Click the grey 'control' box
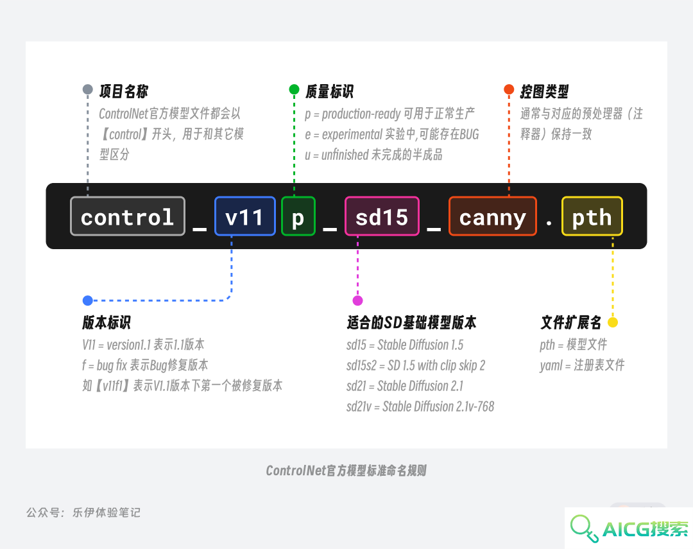point(127,216)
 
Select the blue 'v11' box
point(245,216)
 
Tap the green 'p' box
point(298,216)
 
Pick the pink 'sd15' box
point(382,216)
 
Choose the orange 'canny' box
point(493,216)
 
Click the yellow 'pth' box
point(592,216)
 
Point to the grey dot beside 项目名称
point(87,89)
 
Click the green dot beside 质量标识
point(294,89)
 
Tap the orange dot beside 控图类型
point(509,89)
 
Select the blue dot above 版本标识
point(87,301)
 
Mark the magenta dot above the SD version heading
point(357,301)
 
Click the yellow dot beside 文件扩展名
point(613,322)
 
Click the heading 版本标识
point(107,322)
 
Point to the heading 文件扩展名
point(571,322)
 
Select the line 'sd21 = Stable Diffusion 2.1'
point(405,386)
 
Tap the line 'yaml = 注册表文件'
point(582,365)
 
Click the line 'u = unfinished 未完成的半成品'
point(373,155)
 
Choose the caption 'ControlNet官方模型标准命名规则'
point(346,471)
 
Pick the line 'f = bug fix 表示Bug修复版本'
point(145,365)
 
